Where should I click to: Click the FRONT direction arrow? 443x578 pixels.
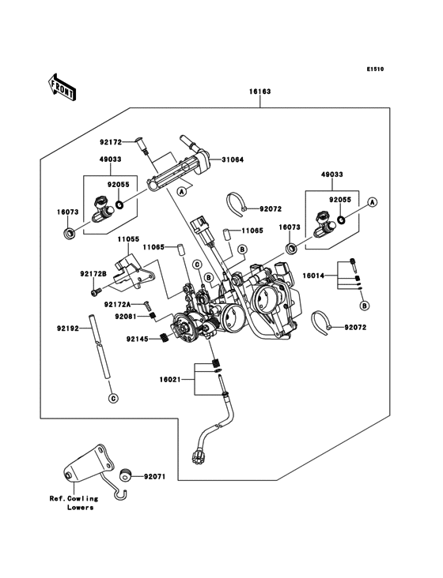coord(62,87)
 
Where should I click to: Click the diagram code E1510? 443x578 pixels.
coord(375,69)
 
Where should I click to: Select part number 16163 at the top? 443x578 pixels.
coord(260,91)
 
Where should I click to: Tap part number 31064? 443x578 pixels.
coord(233,160)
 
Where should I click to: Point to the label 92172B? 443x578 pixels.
coord(93,274)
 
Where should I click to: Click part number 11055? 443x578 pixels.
coord(128,239)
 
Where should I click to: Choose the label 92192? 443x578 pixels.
coord(68,328)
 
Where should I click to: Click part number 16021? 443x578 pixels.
coord(170,379)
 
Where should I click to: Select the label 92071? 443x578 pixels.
coord(155,477)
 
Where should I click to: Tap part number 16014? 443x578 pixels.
coord(313,276)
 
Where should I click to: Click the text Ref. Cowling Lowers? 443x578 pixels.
coord(74,503)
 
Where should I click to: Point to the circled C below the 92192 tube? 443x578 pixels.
coord(113,399)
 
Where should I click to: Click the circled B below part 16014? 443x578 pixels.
coord(365,306)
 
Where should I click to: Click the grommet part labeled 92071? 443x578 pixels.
coord(127,476)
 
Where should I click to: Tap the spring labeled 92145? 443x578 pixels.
coord(163,337)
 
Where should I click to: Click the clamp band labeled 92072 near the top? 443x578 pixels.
coord(234,205)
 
